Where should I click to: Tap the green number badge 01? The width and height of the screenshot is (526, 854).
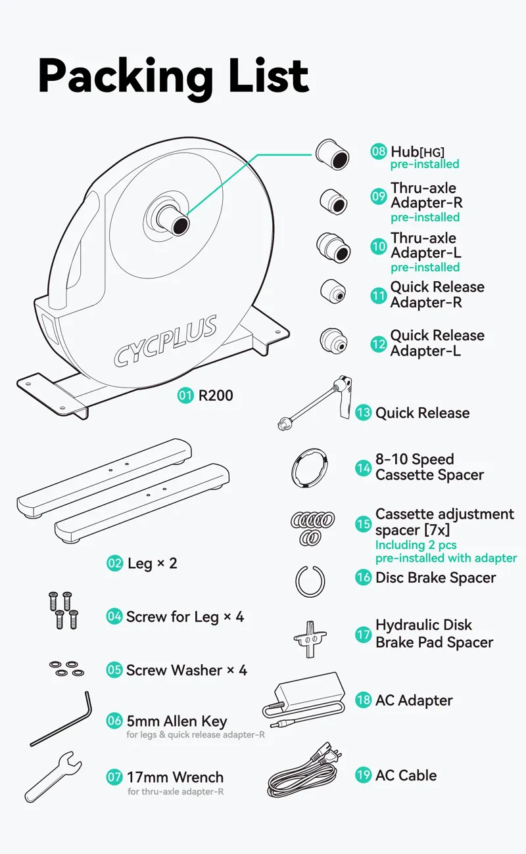[186, 395]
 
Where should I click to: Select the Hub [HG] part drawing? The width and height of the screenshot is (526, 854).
[331, 154]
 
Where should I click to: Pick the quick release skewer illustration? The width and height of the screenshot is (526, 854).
[316, 403]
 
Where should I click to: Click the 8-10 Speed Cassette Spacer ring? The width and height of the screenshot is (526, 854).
[308, 467]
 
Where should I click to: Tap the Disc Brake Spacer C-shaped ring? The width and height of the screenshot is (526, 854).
[310, 581]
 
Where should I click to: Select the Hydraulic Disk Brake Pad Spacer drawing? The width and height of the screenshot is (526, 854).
[309, 637]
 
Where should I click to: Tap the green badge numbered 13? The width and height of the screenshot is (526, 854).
[364, 413]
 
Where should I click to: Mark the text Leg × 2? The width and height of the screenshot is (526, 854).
[151, 563]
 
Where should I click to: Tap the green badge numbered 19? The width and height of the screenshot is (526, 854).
[364, 775]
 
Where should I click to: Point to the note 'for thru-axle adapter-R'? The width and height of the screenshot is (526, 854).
[175, 792]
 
